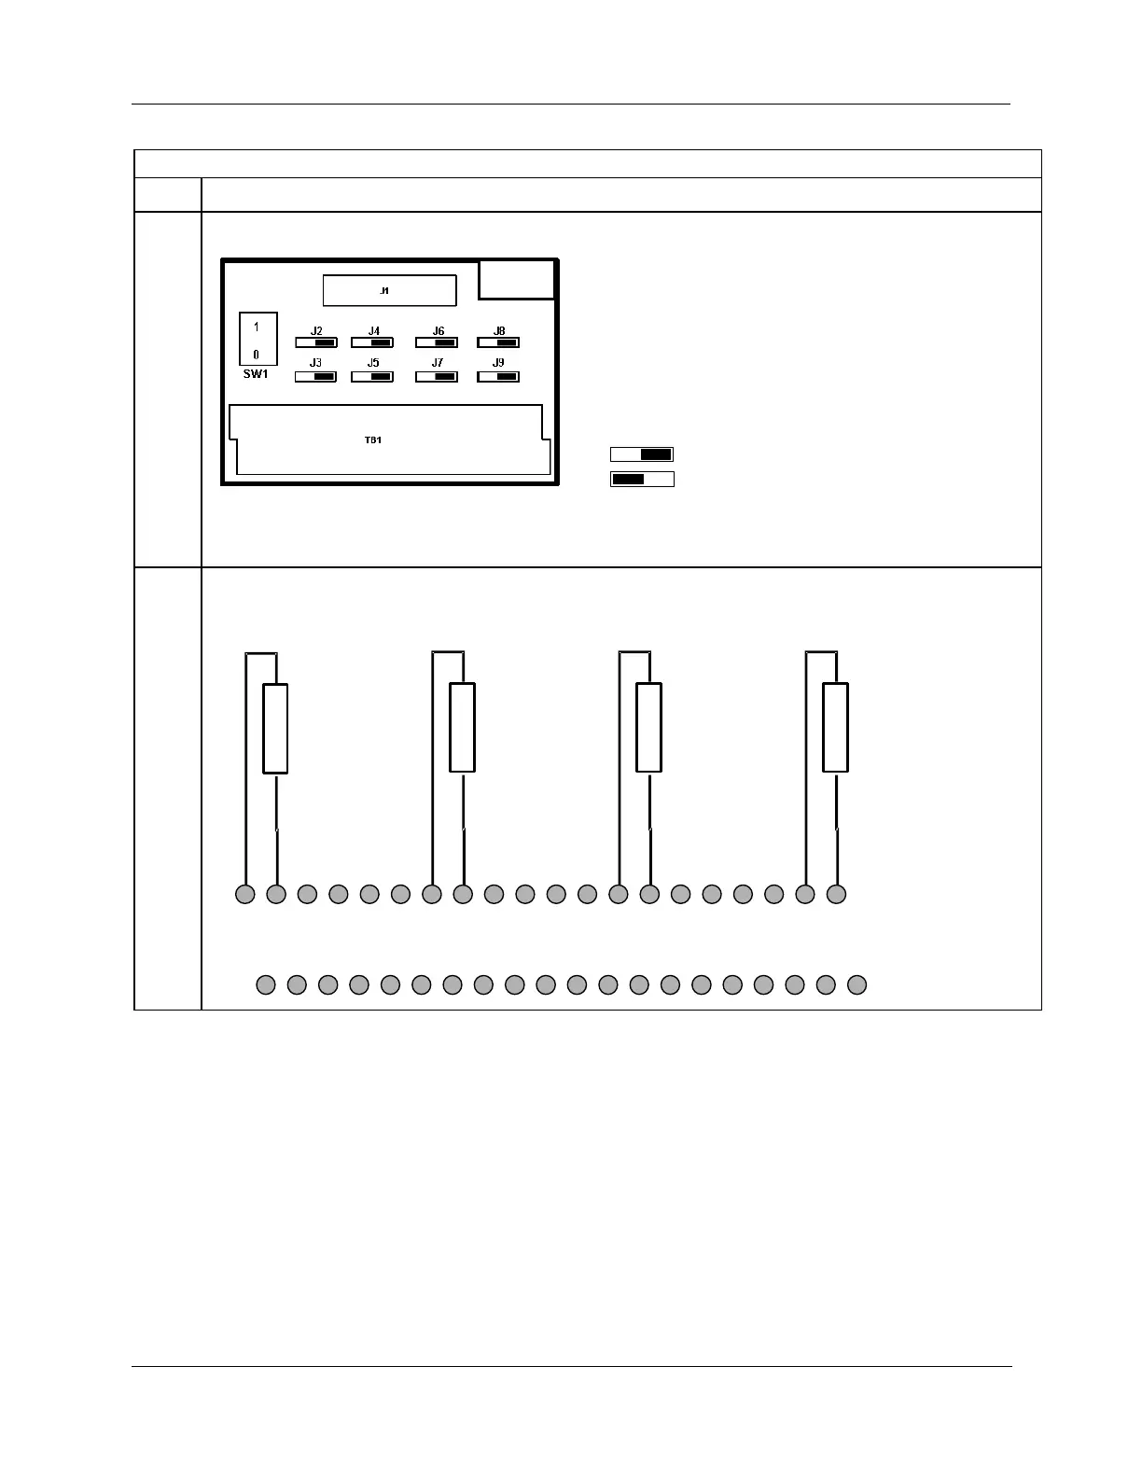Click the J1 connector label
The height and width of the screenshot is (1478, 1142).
[x=383, y=291]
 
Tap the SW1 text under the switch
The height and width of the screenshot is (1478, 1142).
[x=256, y=374]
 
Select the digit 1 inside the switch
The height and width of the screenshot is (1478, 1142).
[x=257, y=328]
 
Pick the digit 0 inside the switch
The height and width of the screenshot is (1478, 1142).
[x=257, y=355]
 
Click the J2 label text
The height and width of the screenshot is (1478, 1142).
[x=316, y=331]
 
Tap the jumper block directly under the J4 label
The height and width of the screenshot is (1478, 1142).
[x=372, y=342]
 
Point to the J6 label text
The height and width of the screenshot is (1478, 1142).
[x=438, y=331]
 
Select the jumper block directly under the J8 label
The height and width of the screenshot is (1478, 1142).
[x=498, y=342]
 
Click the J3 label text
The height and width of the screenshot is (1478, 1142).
[x=316, y=363]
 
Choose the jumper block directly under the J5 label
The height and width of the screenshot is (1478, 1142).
[x=372, y=377]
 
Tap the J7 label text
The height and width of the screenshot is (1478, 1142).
[x=438, y=363]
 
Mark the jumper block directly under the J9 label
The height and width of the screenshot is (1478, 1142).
[x=498, y=377]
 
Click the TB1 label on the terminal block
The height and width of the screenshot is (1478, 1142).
[x=372, y=439]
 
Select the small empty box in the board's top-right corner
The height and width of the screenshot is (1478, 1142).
[x=517, y=279]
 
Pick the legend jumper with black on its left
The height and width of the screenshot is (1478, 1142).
[x=642, y=480]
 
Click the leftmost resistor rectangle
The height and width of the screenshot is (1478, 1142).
[x=275, y=728]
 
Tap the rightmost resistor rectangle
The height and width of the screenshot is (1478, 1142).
[x=835, y=728]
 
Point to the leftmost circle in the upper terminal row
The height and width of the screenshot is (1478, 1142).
[x=244, y=894]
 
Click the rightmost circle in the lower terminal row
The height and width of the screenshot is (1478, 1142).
[x=856, y=983]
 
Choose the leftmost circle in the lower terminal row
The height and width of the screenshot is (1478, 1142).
[x=266, y=983]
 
